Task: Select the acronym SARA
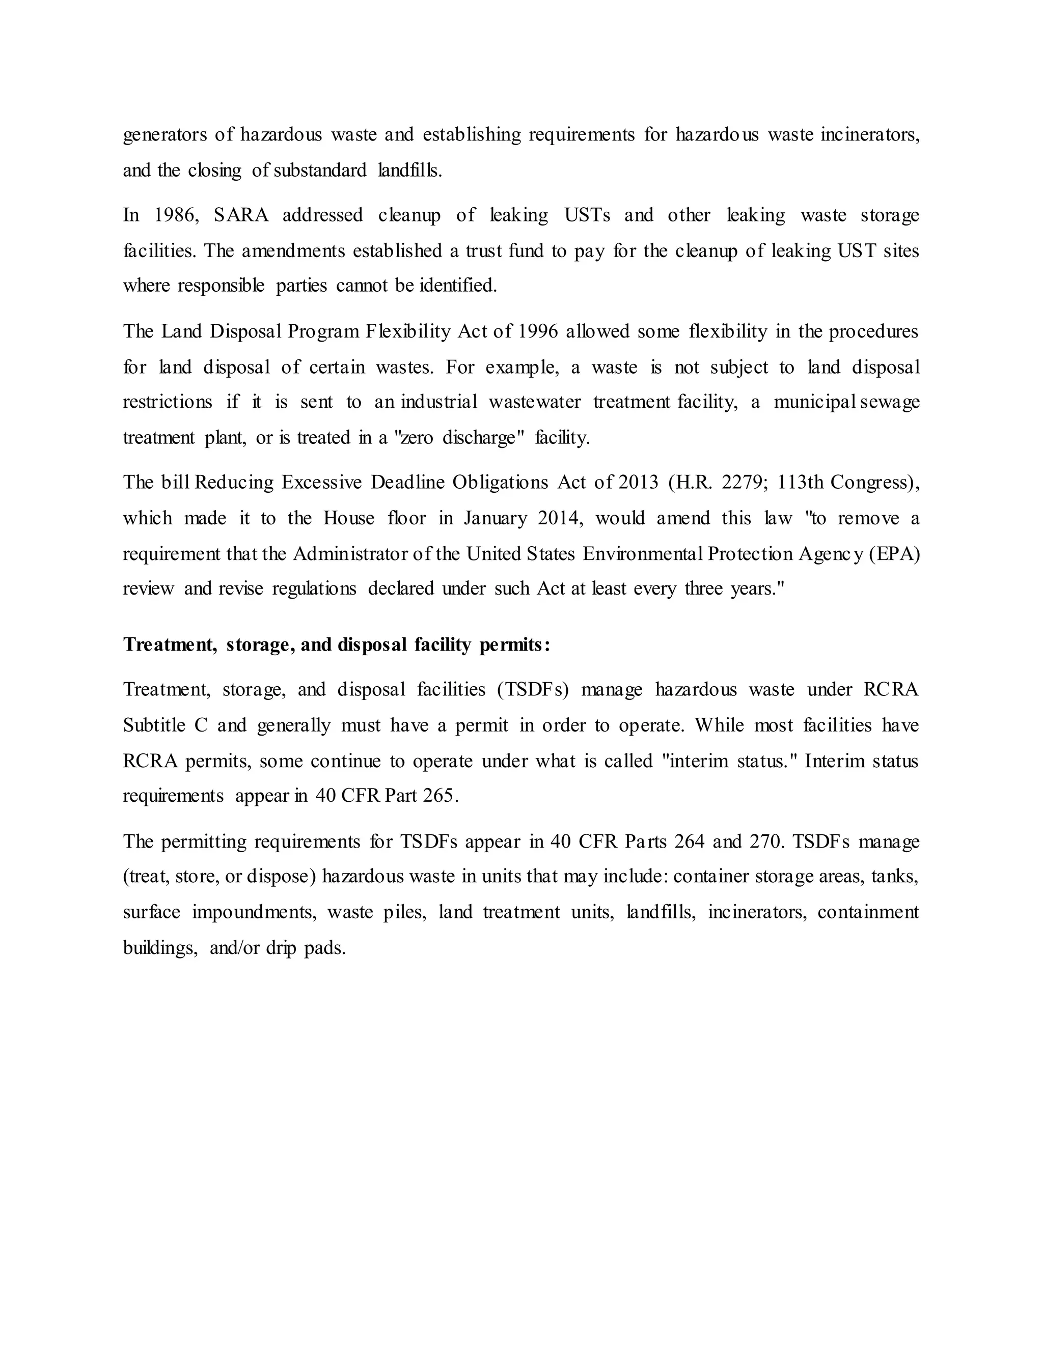(241, 215)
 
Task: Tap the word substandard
(320, 171)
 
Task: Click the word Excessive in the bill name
(321, 483)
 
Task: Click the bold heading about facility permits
(337, 645)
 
